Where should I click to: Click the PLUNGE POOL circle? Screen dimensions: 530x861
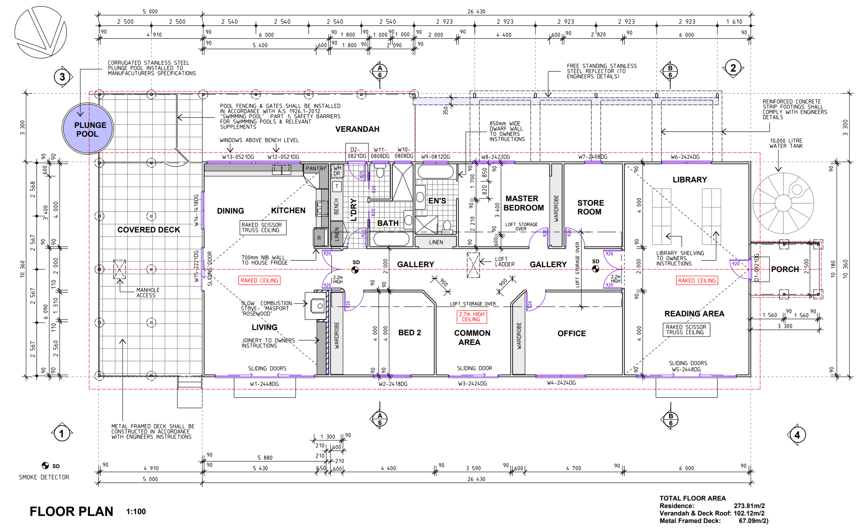tap(88, 129)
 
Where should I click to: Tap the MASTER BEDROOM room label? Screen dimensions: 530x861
tap(523, 203)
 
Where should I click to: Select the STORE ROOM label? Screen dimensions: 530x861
tap(590, 207)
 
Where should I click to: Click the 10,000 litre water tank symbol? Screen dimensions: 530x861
tap(783, 203)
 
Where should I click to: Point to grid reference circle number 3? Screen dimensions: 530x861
tap(62, 77)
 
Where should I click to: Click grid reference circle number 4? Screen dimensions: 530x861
tap(797, 435)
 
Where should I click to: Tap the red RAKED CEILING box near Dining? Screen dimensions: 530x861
tap(259, 280)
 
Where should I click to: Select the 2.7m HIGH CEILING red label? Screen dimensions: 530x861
tap(471, 316)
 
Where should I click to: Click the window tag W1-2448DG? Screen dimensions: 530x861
tap(264, 384)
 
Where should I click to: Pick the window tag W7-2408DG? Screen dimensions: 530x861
tap(592, 156)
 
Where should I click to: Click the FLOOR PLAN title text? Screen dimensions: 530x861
tap(71, 511)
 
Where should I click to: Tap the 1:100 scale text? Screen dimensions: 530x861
tap(136, 512)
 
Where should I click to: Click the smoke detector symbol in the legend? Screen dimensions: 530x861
tap(45, 466)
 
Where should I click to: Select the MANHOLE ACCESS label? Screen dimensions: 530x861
tap(148, 293)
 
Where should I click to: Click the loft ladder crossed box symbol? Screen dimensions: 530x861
tap(473, 265)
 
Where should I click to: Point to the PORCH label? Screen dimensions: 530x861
tap(785, 269)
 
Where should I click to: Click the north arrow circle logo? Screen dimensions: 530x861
tap(40, 33)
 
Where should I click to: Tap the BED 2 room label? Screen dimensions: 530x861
tap(409, 333)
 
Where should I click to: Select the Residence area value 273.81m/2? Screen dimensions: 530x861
tap(749, 506)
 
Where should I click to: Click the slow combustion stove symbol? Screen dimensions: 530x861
tap(318, 306)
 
